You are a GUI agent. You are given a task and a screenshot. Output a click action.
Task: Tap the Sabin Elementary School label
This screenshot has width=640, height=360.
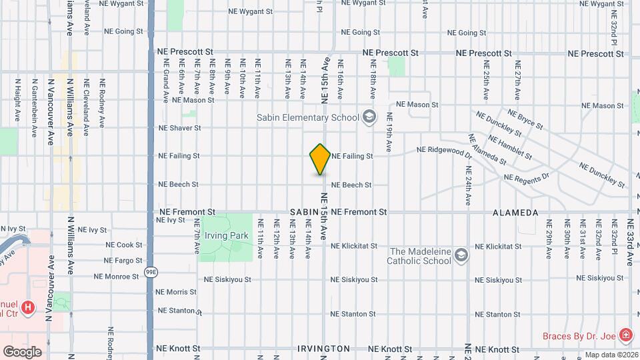coord(303,118)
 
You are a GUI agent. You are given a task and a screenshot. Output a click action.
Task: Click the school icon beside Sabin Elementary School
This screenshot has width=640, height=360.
coord(368,118)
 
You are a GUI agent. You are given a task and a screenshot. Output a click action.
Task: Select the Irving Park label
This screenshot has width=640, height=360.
coord(226,235)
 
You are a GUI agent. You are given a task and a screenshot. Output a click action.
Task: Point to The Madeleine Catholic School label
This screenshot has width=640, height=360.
coord(420,256)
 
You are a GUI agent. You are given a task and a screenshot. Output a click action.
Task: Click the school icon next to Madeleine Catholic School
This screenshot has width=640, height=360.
coord(461,255)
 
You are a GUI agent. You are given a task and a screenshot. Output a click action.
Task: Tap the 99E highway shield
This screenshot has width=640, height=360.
coord(151,272)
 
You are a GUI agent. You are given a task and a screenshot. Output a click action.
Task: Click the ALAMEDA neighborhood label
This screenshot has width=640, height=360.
coord(515,213)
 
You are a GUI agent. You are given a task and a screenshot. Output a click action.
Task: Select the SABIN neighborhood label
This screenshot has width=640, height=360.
coord(304,212)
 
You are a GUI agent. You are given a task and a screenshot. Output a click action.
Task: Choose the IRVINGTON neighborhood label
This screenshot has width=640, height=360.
coord(323,349)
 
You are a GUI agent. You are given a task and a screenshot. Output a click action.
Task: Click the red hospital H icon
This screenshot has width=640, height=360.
coord(27,307)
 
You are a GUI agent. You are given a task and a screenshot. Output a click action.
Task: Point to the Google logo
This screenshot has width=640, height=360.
coord(22,351)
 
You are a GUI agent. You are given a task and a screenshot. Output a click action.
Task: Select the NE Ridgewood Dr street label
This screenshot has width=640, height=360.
coord(445,151)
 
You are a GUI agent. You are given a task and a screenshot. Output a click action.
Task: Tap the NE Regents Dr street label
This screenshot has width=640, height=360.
coord(527,177)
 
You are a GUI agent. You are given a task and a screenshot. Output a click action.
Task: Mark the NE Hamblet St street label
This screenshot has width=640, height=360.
coord(511,149)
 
